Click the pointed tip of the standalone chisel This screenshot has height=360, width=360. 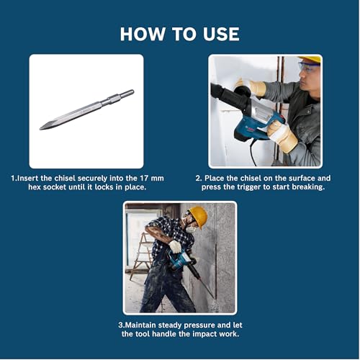(42, 128)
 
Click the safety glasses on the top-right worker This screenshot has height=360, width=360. (308, 66)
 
